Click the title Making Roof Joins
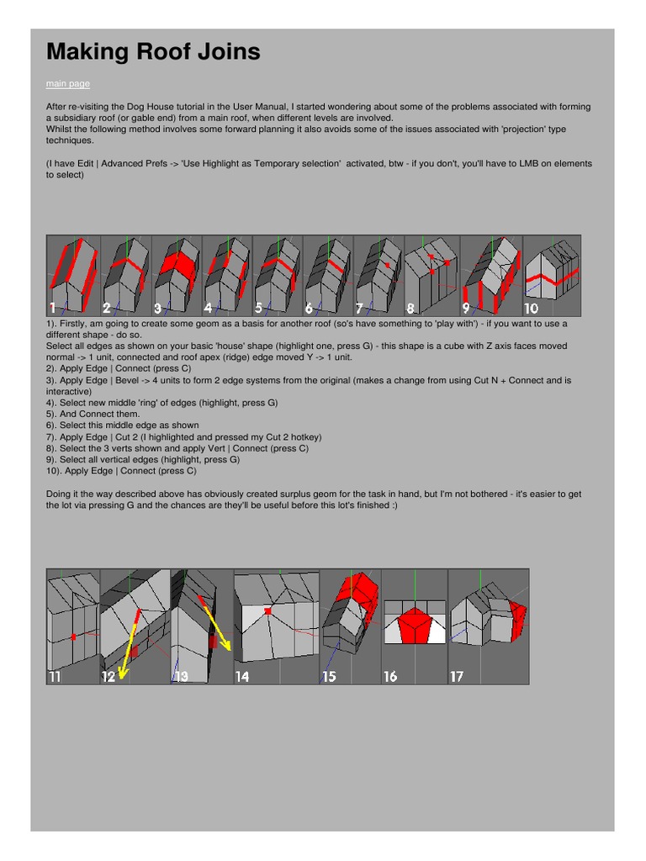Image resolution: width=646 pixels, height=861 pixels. click(x=153, y=52)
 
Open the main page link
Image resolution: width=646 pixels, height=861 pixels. click(x=67, y=84)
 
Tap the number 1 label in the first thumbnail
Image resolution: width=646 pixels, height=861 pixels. click(x=53, y=308)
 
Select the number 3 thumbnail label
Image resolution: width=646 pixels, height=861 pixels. click(x=158, y=308)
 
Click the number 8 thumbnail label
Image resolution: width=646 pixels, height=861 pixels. click(x=411, y=308)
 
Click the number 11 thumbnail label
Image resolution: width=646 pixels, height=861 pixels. click(x=55, y=676)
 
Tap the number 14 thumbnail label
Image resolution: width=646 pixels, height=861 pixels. click(x=242, y=676)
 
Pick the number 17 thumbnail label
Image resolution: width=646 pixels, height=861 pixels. click(x=457, y=676)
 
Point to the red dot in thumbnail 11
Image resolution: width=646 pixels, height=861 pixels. click(x=74, y=637)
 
